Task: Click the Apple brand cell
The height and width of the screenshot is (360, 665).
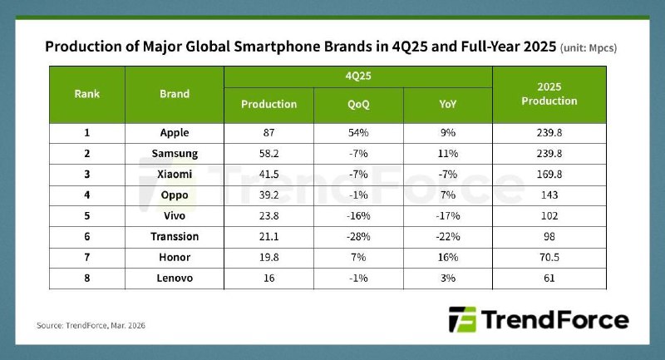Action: point(175,132)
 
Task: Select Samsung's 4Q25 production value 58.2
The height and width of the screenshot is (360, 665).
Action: point(268,154)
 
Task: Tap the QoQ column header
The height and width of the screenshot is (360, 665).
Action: point(358,104)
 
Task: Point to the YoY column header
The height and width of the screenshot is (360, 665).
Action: point(447,104)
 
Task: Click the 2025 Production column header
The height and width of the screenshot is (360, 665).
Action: point(549,94)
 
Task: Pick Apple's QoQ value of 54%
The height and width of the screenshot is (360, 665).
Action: point(358,132)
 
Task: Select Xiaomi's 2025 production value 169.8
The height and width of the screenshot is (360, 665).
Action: point(549,175)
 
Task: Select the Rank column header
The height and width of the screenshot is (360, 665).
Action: point(87,94)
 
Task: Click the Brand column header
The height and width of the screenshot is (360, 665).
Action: point(175,94)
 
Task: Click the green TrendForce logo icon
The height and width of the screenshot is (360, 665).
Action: point(459,320)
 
